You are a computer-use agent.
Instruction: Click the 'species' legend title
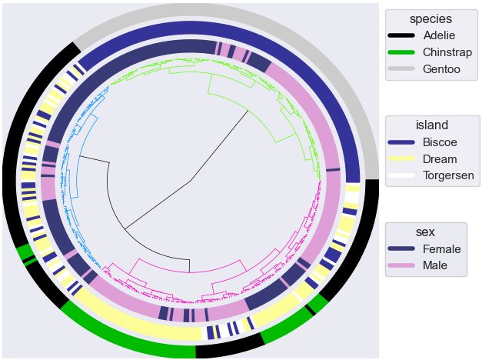click(x=430, y=18)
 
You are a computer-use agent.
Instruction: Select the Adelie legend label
click(x=439, y=35)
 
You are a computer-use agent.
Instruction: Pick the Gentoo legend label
click(x=441, y=69)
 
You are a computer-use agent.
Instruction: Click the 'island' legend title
click(x=431, y=125)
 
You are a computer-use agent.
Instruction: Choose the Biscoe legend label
click(x=440, y=142)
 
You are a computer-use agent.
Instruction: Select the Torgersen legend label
click(x=448, y=176)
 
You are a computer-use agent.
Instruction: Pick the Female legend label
click(x=441, y=249)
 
